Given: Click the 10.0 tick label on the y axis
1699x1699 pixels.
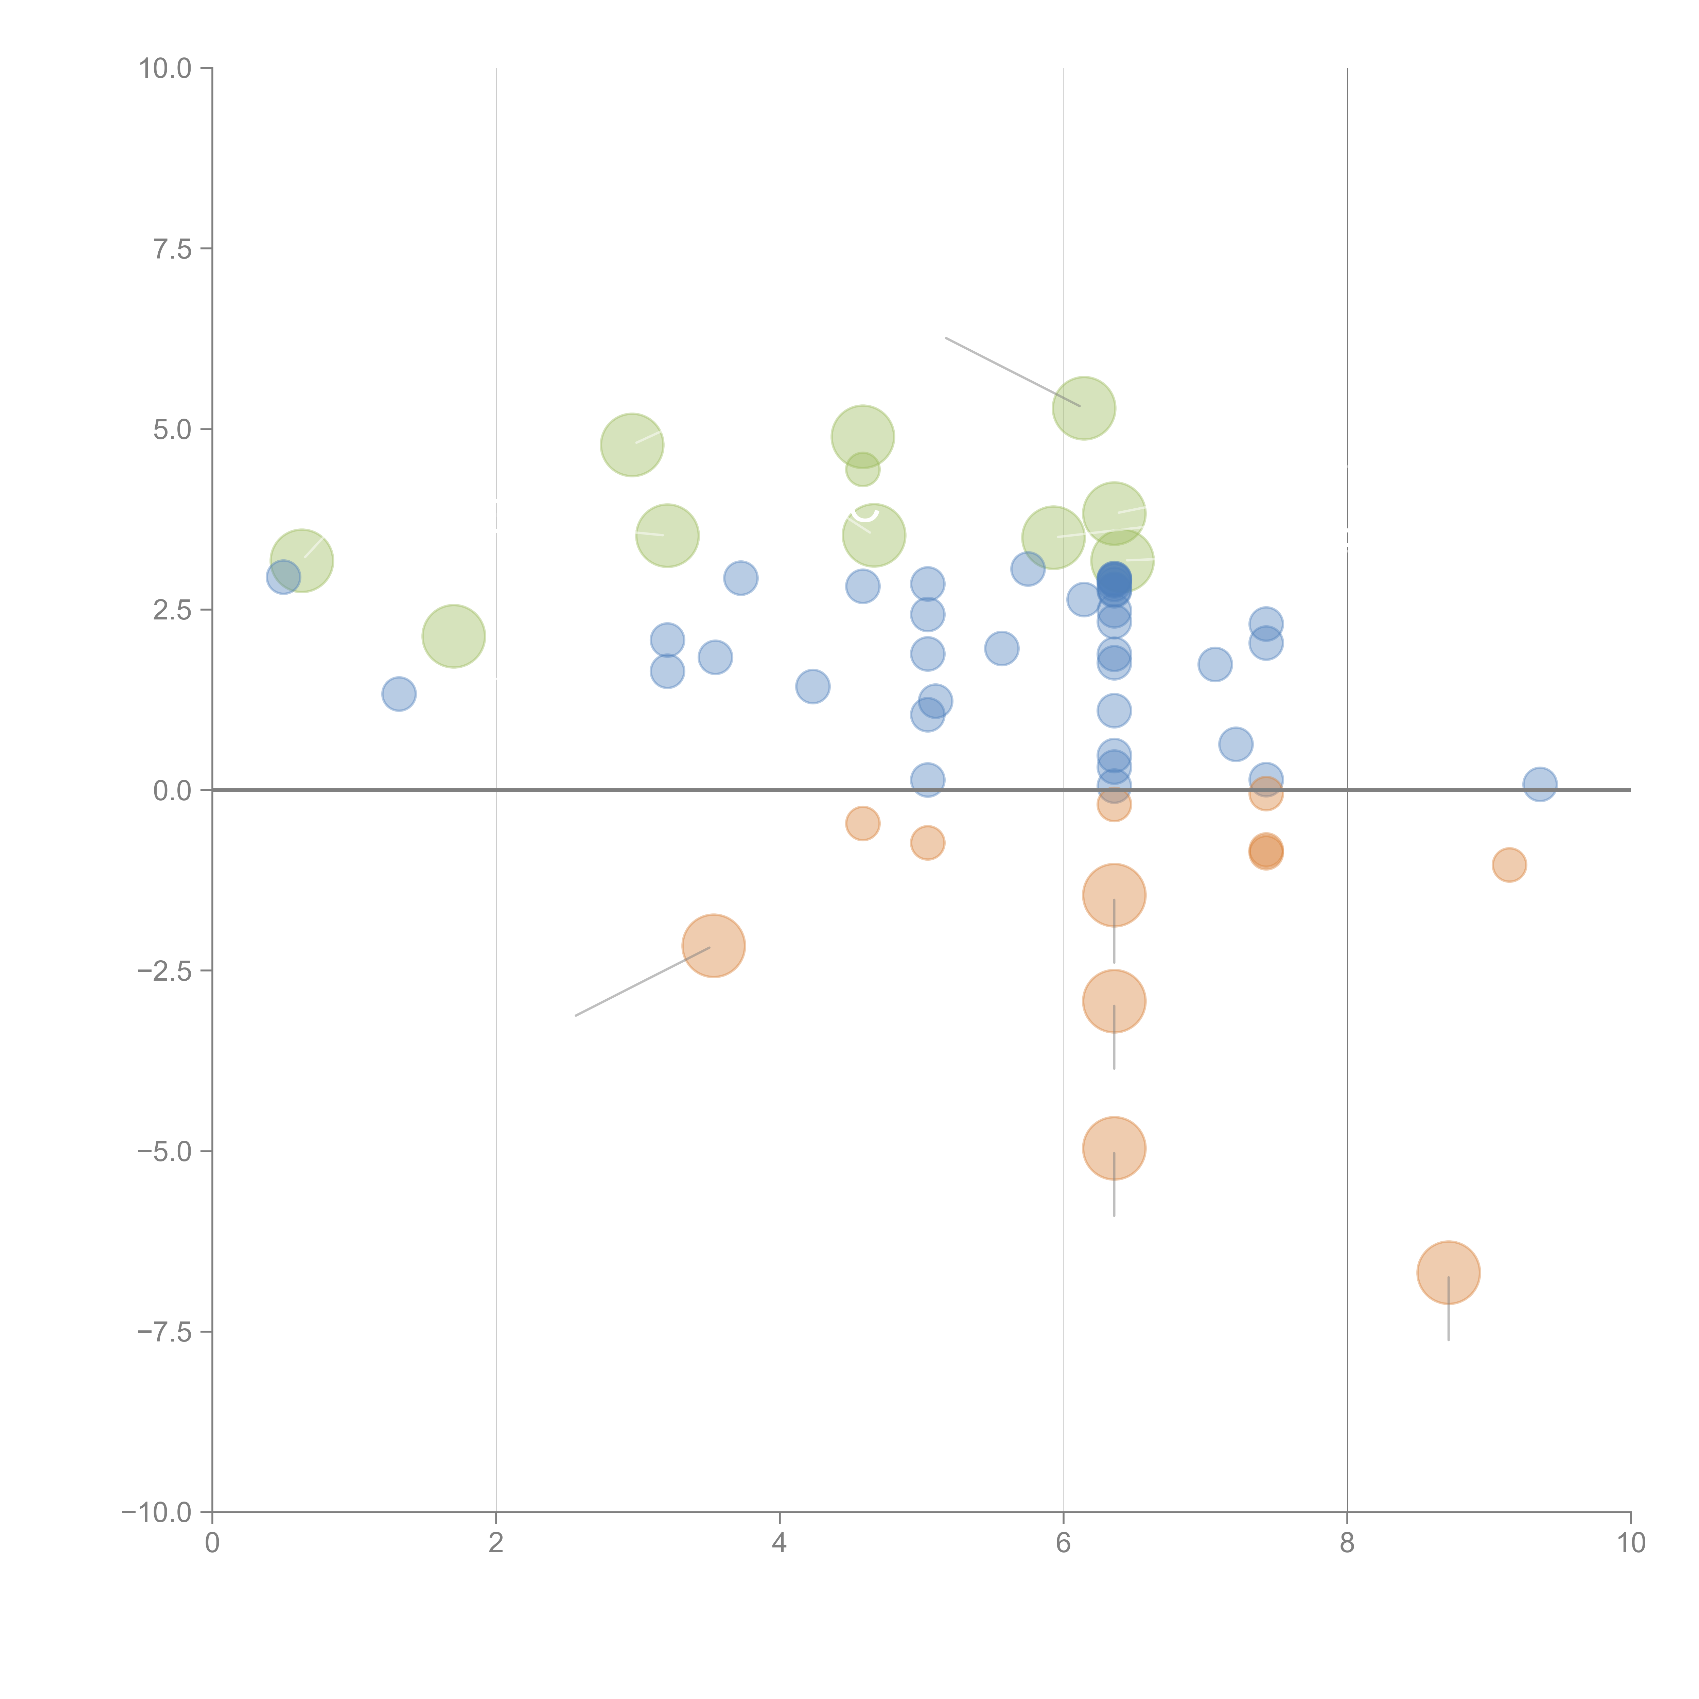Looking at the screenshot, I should tap(165, 69).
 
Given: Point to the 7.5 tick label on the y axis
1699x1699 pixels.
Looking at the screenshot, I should tap(172, 249).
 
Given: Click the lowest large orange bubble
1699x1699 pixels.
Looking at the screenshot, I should tap(1448, 1273).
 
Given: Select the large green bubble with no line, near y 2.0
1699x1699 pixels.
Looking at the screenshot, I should tap(454, 636).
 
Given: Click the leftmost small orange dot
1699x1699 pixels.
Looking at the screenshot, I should tap(863, 823).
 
